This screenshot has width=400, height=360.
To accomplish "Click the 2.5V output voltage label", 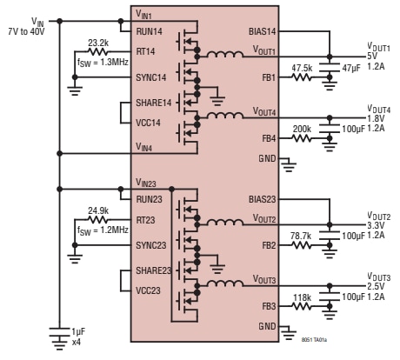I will click(376, 285).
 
